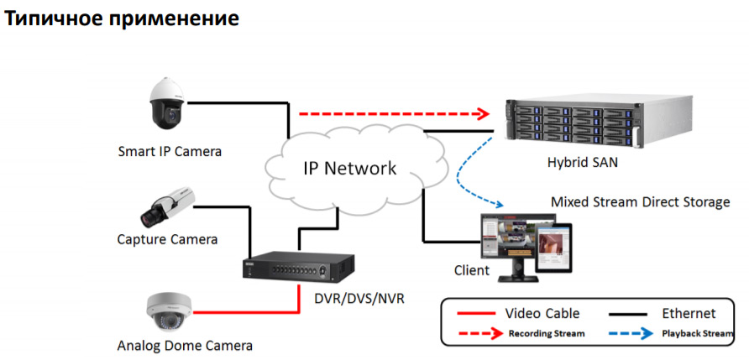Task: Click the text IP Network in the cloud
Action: click(349, 168)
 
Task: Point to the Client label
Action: click(471, 271)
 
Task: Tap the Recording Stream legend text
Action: click(546, 333)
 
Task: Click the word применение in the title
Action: click(170, 18)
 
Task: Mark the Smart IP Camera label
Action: click(170, 152)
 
